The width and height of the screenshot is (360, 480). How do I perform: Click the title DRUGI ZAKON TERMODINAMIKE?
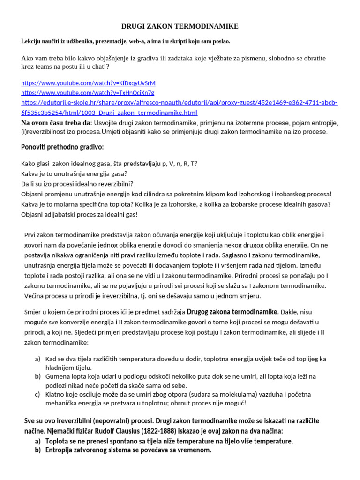pyautogui.click(x=180, y=26)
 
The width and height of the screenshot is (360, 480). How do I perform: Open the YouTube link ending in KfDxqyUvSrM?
pyautogui.click(x=88, y=83)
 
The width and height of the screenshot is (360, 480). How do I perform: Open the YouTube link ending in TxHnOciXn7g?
pyautogui.click(x=88, y=92)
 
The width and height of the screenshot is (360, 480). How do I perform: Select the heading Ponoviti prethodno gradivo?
pyautogui.click(x=62, y=147)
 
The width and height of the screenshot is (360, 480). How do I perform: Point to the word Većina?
pyautogui.click(x=35, y=296)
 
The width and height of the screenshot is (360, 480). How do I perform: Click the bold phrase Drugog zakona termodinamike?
pyautogui.click(x=225, y=312)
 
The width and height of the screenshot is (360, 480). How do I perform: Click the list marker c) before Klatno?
pyautogui.click(x=37, y=394)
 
